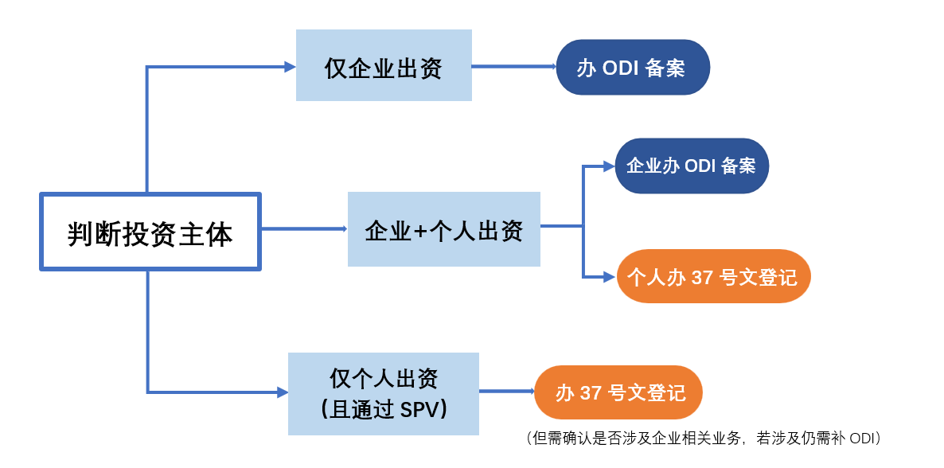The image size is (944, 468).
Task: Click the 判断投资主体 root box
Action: pyautogui.click(x=150, y=232)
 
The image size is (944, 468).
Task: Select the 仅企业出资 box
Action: pyautogui.click(x=384, y=65)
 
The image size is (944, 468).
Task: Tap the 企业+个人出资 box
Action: pyautogui.click(x=443, y=229)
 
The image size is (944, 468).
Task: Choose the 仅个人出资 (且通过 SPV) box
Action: pyautogui.click(x=383, y=393)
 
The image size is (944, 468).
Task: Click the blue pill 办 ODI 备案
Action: pyautogui.click(x=632, y=68)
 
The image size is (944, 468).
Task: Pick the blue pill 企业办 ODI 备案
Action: pyautogui.click(x=691, y=166)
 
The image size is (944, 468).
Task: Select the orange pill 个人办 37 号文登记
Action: pyautogui.click(x=712, y=276)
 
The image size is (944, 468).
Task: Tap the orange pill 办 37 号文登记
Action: pyautogui.click(x=618, y=392)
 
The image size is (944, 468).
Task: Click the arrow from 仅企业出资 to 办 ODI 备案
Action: pyautogui.click(x=513, y=67)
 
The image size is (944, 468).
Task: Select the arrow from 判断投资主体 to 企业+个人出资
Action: pyautogui.click(x=303, y=229)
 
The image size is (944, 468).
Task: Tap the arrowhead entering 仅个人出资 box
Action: pyautogui.click(x=283, y=392)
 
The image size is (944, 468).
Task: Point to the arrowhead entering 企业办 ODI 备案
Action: pyautogui.click(x=609, y=166)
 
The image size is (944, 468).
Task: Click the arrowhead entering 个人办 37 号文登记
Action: pyautogui.click(x=610, y=276)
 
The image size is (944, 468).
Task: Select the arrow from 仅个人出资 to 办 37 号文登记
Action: pyautogui.click(x=506, y=392)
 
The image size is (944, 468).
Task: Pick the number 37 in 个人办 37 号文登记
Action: pyautogui.click(x=702, y=277)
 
